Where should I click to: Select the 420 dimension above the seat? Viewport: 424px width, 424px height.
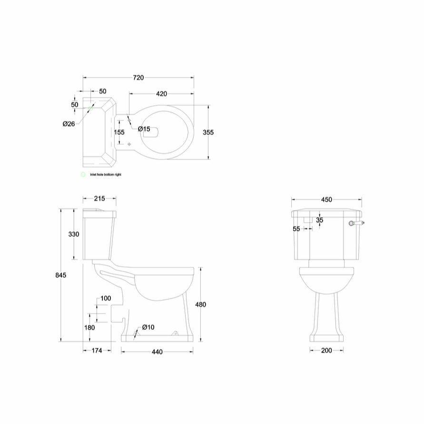(161, 94)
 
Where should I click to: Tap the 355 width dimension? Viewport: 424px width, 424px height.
(207, 132)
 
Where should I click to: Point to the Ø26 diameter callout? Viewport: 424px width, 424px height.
(69, 124)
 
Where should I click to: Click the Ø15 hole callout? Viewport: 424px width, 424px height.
(144, 129)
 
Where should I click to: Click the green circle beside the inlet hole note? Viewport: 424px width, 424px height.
(83, 175)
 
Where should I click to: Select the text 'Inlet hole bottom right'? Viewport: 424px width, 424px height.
(106, 175)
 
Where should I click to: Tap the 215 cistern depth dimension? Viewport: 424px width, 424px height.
(99, 198)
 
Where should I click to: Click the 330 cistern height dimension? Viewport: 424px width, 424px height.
(74, 234)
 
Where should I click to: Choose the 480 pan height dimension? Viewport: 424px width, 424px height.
(201, 305)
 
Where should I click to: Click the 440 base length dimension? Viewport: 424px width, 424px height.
(157, 352)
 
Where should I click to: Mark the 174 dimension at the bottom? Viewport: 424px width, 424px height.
(97, 351)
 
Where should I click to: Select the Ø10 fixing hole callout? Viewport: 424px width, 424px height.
(148, 327)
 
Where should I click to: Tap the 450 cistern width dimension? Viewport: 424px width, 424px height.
(326, 200)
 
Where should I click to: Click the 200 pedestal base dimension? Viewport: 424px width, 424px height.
(326, 351)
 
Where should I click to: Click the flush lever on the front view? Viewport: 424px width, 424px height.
(357, 223)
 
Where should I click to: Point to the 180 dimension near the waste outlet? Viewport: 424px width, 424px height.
(89, 327)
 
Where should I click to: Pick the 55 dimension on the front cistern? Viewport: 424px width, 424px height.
(296, 229)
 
